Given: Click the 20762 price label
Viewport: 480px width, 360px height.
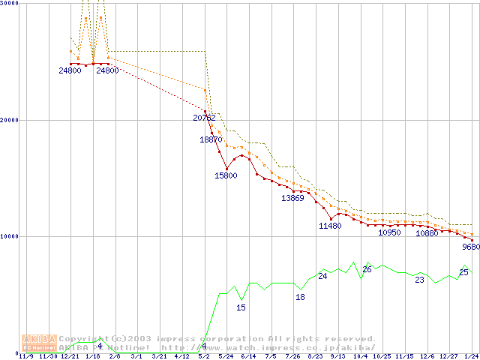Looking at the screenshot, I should [x=204, y=118].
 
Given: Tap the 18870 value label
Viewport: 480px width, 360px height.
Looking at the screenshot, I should [x=210, y=139].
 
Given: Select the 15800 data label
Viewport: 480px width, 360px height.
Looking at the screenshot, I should [x=226, y=175].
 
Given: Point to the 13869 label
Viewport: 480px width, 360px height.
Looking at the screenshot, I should [x=292, y=198].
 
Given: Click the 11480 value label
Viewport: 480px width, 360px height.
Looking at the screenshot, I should [x=330, y=226].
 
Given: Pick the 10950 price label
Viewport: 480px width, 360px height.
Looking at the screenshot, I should [x=389, y=232].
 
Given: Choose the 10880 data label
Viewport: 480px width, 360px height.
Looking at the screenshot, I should [x=427, y=233].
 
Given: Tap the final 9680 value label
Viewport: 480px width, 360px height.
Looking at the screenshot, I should [x=470, y=247].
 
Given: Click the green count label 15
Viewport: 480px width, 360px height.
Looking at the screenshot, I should [x=241, y=307].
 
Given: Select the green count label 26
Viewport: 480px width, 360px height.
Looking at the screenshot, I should [x=367, y=269].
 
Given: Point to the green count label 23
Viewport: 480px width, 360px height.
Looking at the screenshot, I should [x=419, y=280].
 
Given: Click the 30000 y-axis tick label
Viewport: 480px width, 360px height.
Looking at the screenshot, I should [x=10, y=3].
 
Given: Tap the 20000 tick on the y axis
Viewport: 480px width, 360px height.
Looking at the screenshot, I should [x=10, y=120].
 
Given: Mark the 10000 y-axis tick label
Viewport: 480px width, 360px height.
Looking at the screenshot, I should [x=10, y=236].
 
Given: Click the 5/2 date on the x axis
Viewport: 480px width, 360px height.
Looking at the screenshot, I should [x=204, y=356].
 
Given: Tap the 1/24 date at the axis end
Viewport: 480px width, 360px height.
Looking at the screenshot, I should [x=471, y=356].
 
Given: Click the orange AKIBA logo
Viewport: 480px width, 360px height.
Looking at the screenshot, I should [x=39, y=343].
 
